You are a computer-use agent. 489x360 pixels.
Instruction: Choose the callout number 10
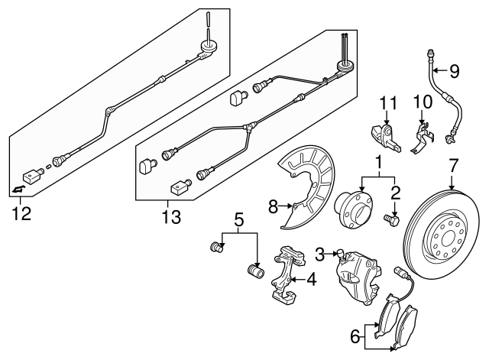click(423, 102)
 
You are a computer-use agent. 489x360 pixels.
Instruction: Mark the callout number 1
click(377, 163)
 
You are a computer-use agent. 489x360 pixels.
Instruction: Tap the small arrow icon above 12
click(19, 190)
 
